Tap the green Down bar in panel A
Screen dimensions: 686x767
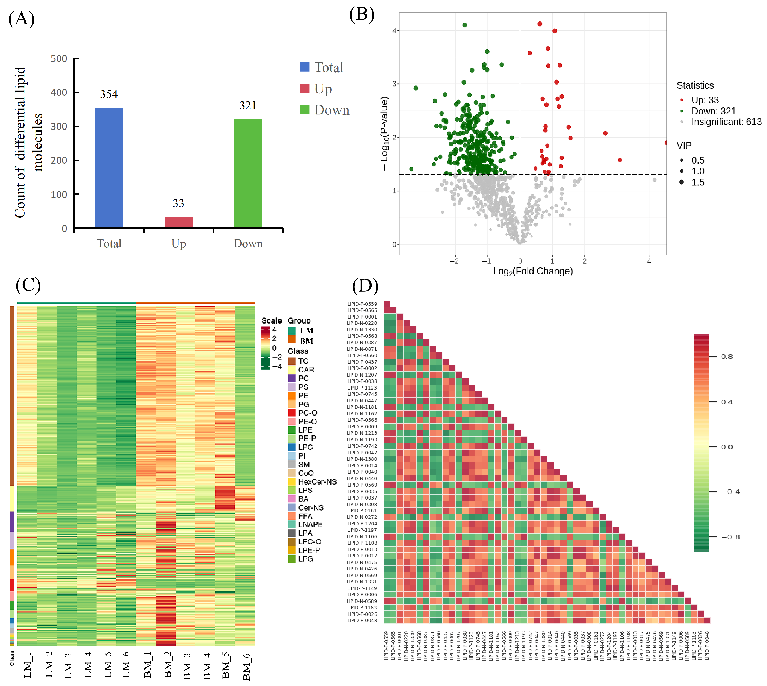[248, 173]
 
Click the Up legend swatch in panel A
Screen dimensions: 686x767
[305, 88]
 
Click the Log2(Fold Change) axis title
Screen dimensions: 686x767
[533, 271]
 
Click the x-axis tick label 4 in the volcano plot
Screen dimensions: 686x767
[649, 261]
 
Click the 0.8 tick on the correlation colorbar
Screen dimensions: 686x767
[727, 357]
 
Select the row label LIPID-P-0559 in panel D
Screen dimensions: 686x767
[362, 304]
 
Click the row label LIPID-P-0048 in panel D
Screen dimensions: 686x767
[362, 620]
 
